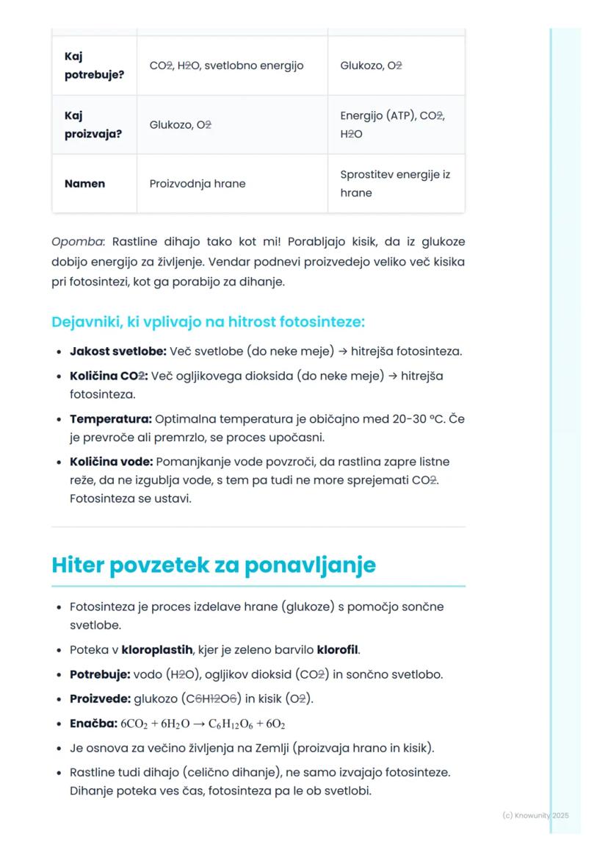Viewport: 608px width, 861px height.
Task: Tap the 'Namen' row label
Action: coord(84,184)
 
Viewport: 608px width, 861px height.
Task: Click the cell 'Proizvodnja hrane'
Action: coord(198,184)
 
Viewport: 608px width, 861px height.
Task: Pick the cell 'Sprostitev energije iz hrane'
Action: coord(395,184)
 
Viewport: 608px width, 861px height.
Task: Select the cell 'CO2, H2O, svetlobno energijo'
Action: coord(226,65)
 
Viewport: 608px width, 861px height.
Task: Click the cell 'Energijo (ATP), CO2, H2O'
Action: coord(393,125)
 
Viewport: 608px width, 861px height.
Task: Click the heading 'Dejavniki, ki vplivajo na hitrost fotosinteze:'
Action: coord(209,322)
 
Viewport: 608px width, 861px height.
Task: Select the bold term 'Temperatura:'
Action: coord(110,418)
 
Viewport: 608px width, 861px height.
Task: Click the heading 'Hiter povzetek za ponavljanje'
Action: coord(213,565)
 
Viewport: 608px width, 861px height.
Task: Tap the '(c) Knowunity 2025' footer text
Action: coord(535,815)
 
